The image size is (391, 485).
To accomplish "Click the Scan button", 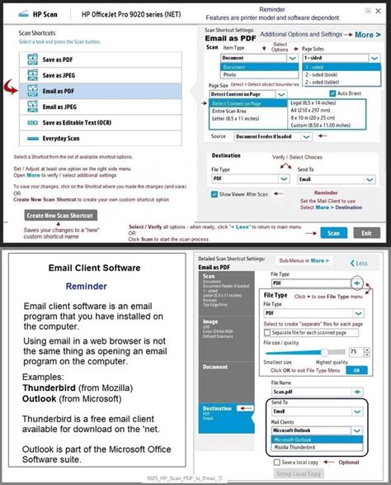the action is click(333, 233).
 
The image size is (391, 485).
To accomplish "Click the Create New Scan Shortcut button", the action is click(59, 215).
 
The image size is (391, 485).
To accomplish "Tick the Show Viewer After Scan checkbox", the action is click(214, 194).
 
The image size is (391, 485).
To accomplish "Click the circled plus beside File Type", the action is click(356, 283).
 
